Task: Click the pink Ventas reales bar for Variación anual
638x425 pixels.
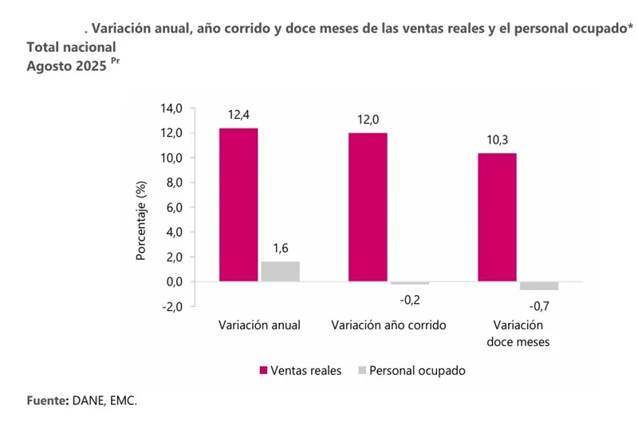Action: [x=238, y=205]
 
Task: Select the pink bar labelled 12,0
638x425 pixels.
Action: [x=368, y=207]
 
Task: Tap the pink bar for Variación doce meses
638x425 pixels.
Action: [x=497, y=217]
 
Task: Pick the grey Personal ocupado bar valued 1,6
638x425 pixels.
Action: [x=280, y=271]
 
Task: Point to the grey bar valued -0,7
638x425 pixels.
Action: [x=539, y=285]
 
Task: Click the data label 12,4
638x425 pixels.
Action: [x=238, y=116]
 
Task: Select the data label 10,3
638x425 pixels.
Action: [x=498, y=140]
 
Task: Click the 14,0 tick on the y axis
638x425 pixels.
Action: [x=173, y=108]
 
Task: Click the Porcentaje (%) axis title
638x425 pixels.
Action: [x=141, y=222]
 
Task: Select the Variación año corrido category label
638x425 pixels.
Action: [x=388, y=325]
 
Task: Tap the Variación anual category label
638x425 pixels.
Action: [x=259, y=325]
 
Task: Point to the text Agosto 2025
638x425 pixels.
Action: [x=67, y=68]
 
